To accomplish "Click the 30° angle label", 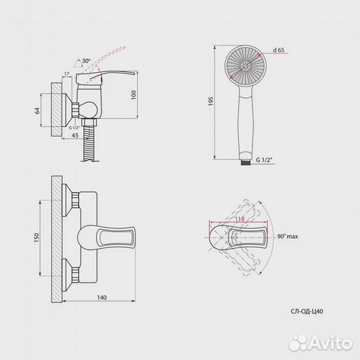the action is coord(86,61).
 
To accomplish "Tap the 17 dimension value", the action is coord(67,74).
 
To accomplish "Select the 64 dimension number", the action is coord(37,111).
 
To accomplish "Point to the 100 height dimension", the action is coord(133,95).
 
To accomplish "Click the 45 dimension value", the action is coord(75,135).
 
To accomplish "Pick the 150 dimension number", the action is coord(36,238).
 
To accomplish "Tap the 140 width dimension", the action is coord(102,297).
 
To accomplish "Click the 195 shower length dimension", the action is coord(211,101).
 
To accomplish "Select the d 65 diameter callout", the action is coord(279,50).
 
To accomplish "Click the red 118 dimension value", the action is coord(239,219).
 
